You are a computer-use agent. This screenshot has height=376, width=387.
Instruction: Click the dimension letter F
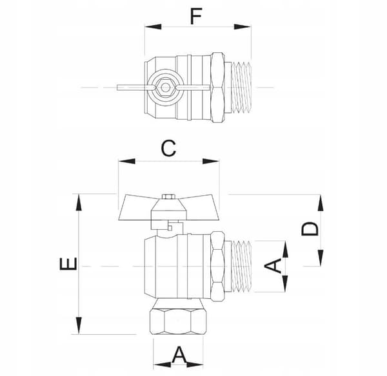[x=197, y=16]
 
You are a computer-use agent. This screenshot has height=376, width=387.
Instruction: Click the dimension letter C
[x=169, y=148]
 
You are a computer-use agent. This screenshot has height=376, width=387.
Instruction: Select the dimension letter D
[x=310, y=229]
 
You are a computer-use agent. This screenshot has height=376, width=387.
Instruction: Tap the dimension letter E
[x=68, y=263]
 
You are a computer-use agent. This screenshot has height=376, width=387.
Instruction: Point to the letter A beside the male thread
[x=273, y=266]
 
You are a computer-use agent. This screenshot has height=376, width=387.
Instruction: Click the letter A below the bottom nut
[x=179, y=355]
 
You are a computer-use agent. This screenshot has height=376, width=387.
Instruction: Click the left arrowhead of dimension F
[x=153, y=26]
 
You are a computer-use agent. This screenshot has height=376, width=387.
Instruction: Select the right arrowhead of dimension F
[x=243, y=26]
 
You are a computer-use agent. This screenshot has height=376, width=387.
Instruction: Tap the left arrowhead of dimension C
[x=127, y=161]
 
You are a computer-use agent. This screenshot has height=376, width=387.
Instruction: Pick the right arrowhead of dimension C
[x=211, y=161]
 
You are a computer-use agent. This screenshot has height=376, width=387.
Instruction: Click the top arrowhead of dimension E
[x=79, y=202]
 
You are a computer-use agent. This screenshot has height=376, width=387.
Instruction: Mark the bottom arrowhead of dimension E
[x=79, y=326]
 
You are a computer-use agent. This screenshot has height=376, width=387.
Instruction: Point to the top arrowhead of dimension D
[x=321, y=203]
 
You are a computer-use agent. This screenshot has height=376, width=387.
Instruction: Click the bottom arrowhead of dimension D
[x=321, y=258]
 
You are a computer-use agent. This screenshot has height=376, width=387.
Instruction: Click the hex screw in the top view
[x=165, y=87]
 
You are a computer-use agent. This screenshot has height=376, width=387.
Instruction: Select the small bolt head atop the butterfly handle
[x=168, y=196]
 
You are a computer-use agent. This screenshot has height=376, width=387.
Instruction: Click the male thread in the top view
[x=242, y=88]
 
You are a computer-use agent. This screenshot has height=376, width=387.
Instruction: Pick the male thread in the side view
[x=242, y=266]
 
